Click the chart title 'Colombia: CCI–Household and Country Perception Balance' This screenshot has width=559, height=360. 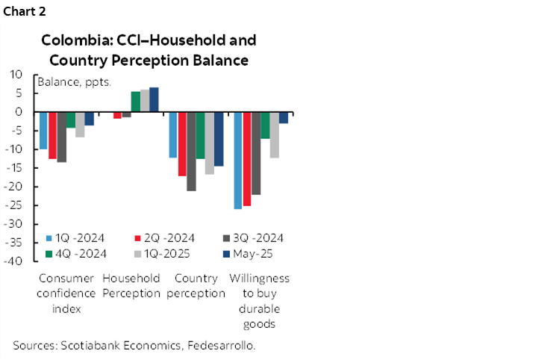pos(149,49)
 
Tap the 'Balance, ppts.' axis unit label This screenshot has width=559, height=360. pos(75,82)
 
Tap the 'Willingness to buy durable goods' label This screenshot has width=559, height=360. pos(258,300)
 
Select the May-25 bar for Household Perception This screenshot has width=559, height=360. pos(154,99)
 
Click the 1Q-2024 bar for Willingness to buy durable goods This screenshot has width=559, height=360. pos(237,160)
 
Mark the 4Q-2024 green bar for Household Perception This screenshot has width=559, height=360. pos(135,102)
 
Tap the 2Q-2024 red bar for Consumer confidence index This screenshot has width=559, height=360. pos(52,135)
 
